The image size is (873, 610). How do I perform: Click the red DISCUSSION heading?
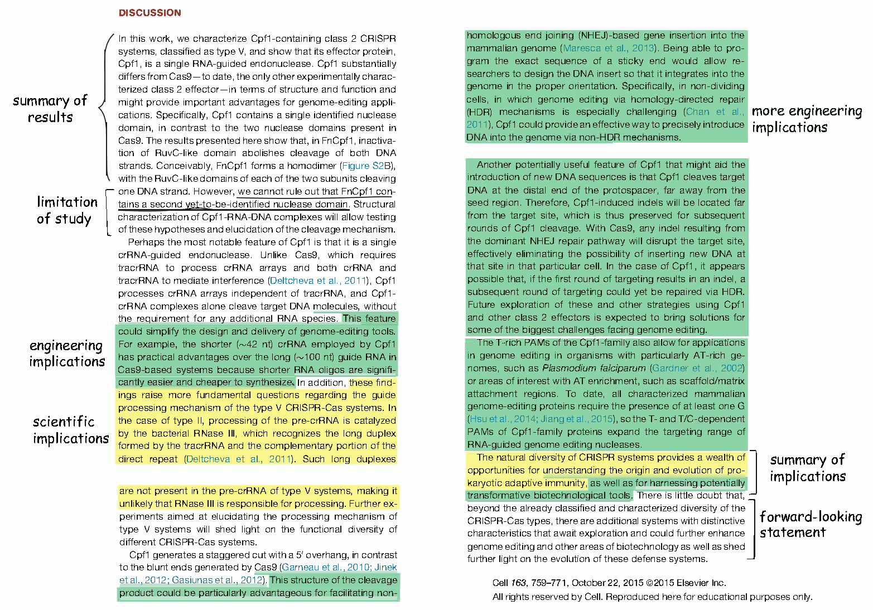coord(149,13)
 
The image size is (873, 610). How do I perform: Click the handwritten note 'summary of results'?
coord(50,109)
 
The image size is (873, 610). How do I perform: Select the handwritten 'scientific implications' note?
coord(70,430)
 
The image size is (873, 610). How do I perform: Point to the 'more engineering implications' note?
coord(807,119)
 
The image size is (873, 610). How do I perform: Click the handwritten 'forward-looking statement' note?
coord(810,524)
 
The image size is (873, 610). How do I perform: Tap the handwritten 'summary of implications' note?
coord(808,468)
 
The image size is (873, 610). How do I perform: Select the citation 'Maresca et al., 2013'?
coord(609,48)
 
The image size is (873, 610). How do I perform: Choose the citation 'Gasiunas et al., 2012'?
coord(217,580)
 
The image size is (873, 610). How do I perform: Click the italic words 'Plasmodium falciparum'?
coord(594,368)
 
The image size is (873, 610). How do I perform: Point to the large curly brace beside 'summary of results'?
coord(105,106)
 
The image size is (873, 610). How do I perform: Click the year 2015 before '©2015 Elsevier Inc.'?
coord(633,583)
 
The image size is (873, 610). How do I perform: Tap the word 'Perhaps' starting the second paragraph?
coord(144,242)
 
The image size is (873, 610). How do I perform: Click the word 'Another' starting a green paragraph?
coord(494,164)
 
